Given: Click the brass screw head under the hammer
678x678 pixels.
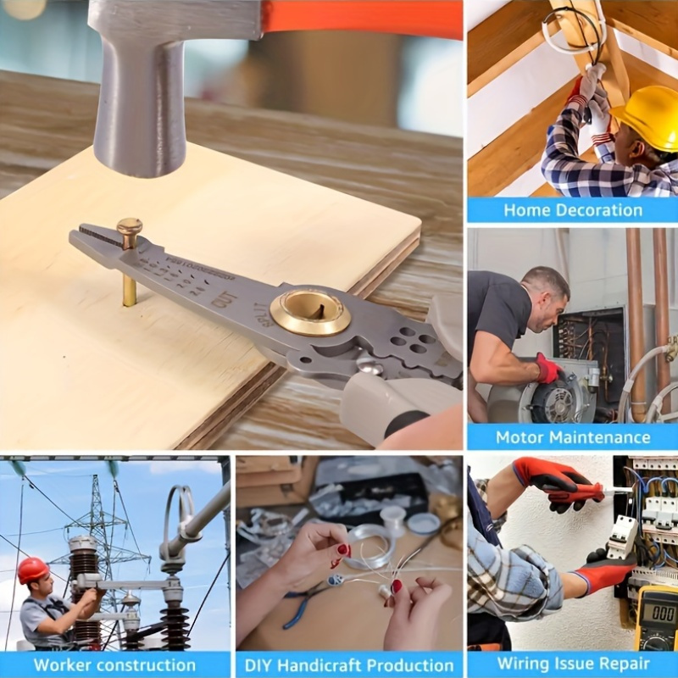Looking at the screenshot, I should (x=130, y=226).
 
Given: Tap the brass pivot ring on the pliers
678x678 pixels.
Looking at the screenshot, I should (x=310, y=313).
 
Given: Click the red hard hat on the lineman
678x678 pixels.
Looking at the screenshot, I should (x=33, y=569).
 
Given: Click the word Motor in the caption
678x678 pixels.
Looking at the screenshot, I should (x=523, y=437).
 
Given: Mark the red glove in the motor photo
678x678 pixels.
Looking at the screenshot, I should (x=547, y=368).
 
